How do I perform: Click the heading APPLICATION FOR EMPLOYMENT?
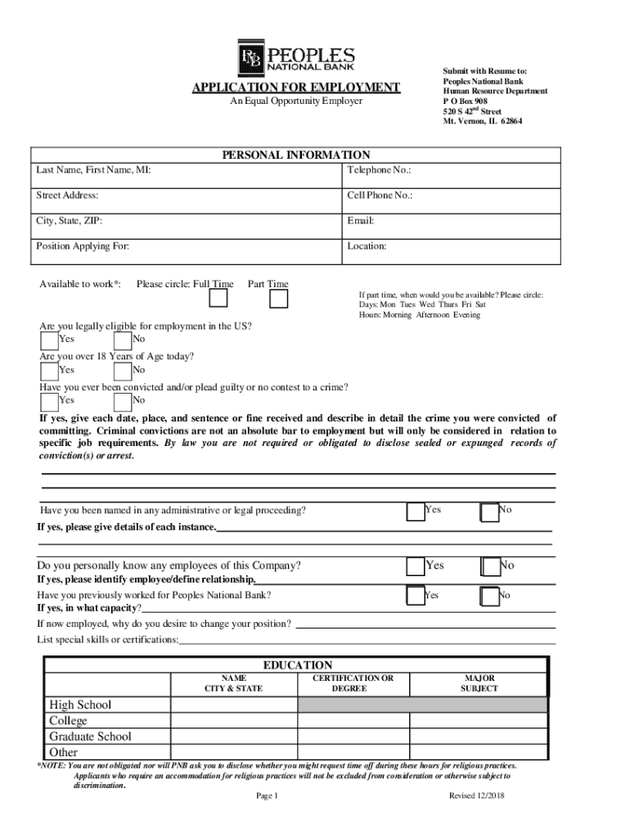296,88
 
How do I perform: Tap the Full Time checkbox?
218,299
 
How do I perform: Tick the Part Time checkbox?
279,299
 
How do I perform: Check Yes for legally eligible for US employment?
49,340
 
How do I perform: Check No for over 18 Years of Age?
123,370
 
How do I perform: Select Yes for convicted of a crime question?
49,401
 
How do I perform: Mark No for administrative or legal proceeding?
489,511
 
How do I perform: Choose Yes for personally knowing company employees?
416,566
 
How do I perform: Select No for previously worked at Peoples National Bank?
489,596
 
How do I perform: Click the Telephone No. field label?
379,170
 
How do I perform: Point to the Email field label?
361,221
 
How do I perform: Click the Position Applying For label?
82,246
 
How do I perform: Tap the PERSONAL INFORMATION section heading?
296,155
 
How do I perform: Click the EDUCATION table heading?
297,665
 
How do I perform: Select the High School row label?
80,705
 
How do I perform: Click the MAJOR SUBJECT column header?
479,683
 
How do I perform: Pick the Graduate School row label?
90,737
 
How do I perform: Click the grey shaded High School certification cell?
423,705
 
